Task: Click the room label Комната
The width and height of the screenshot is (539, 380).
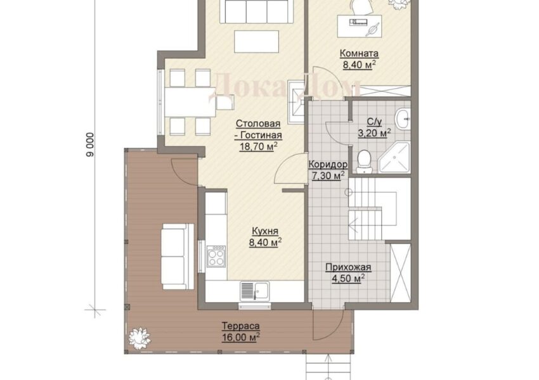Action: (359, 54)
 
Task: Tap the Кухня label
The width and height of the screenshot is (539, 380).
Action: (264, 231)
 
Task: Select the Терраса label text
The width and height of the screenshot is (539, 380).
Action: (240, 326)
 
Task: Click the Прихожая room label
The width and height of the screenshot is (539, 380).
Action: (348, 267)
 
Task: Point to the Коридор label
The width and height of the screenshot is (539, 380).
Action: (328, 165)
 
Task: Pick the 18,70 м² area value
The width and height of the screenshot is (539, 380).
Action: (259, 146)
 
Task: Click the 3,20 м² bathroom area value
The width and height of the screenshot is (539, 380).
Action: (374, 133)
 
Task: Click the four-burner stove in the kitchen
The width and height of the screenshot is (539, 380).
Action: (216, 256)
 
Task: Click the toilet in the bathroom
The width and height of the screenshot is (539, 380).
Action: (364, 161)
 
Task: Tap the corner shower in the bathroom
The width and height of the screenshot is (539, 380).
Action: (394, 157)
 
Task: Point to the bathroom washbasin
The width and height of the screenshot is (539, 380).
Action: (402, 119)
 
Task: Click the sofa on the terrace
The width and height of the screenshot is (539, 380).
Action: (178, 256)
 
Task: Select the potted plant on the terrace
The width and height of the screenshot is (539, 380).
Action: (140, 338)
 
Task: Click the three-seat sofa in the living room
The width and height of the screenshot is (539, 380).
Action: (256, 11)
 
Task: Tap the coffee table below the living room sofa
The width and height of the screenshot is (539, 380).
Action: (256, 42)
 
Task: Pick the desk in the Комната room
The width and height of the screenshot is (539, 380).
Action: (360, 26)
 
